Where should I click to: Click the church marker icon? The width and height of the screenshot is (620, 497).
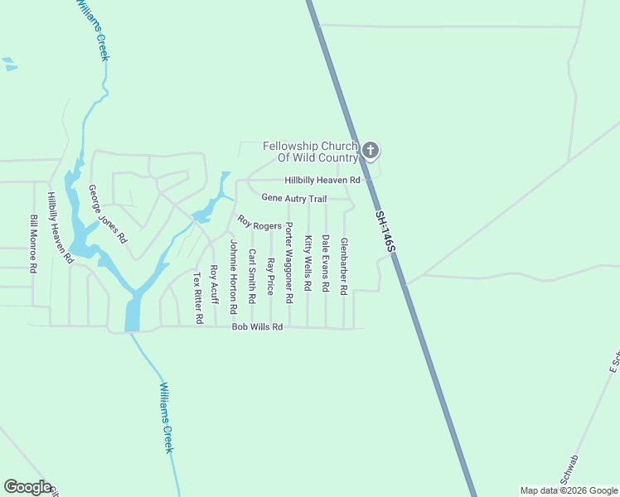(x=371, y=150)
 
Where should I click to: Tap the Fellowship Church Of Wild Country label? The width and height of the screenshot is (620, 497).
(x=310, y=152)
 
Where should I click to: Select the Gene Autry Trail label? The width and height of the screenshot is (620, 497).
(x=294, y=198)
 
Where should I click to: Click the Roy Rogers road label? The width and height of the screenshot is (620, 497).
(x=259, y=224)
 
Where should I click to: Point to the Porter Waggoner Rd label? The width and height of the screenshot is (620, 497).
(x=289, y=262)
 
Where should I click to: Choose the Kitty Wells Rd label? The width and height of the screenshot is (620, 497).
(x=308, y=263)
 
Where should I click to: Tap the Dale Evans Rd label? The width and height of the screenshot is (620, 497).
(x=326, y=263)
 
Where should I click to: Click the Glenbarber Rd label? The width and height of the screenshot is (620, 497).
(x=344, y=264)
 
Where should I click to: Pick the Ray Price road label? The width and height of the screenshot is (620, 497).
(x=271, y=276)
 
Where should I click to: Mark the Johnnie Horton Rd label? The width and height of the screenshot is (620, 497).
(x=235, y=277)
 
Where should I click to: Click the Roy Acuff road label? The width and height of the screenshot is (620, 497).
(x=214, y=284)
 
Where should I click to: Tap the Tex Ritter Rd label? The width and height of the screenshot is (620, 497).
(x=198, y=297)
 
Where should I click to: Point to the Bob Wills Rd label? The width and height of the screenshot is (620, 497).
(x=257, y=327)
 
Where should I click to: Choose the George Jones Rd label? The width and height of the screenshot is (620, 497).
(x=108, y=213)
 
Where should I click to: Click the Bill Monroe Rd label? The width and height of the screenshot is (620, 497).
(x=34, y=244)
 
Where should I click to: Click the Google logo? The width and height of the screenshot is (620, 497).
(x=27, y=487)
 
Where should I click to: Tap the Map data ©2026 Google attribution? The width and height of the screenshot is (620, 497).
(x=568, y=490)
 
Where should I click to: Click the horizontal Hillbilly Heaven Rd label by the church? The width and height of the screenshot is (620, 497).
(x=322, y=180)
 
